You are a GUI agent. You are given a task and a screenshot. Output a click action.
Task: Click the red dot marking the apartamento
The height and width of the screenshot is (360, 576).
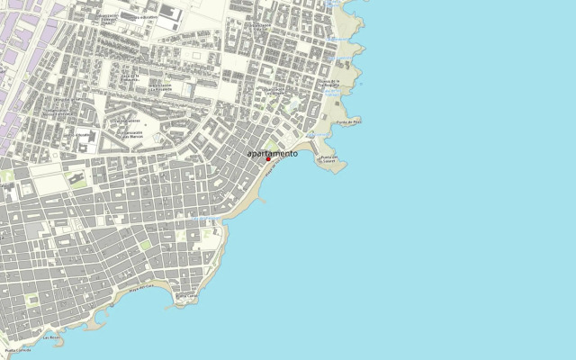(x=268, y=159)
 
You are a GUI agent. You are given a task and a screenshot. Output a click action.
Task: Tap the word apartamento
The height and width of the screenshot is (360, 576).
(x=272, y=153)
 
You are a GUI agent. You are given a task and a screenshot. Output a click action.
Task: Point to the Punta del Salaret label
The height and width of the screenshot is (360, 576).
(x=333, y=158)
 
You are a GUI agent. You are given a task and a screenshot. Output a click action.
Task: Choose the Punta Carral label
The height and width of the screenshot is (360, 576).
(x=186, y=295)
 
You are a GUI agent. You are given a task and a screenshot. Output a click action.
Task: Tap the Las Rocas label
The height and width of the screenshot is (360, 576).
(x=50, y=337)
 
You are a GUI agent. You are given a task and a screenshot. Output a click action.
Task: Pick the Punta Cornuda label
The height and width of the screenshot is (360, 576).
(x=18, y=350)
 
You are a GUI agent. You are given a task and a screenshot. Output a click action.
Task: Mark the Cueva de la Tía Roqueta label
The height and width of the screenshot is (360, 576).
(x=328, y=83)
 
